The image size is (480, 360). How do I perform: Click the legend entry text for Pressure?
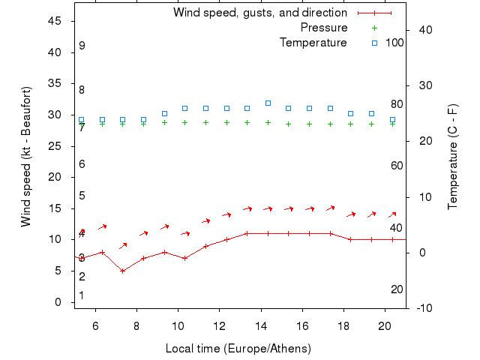coord(323,28)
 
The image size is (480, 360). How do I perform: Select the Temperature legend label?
coord(313,43)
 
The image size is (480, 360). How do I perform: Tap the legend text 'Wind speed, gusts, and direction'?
coord(260,13)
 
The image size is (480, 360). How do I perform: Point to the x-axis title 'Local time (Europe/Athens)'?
coord(238,349)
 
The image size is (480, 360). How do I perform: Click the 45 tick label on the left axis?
coord(55,21)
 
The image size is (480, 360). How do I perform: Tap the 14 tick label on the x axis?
coord(261,326)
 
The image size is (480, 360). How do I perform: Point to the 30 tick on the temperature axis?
coord(421,85)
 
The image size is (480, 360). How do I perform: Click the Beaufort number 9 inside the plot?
coord(82,46)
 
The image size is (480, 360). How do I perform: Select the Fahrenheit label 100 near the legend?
coord(394,43)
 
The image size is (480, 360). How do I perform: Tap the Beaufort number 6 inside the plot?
coord(82,164)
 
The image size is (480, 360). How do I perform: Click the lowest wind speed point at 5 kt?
coord(122,271)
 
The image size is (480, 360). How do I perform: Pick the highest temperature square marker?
coord(268,103)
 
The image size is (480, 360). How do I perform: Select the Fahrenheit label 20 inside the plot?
coord(397,289)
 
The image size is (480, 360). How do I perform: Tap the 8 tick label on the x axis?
coord(136,326)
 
